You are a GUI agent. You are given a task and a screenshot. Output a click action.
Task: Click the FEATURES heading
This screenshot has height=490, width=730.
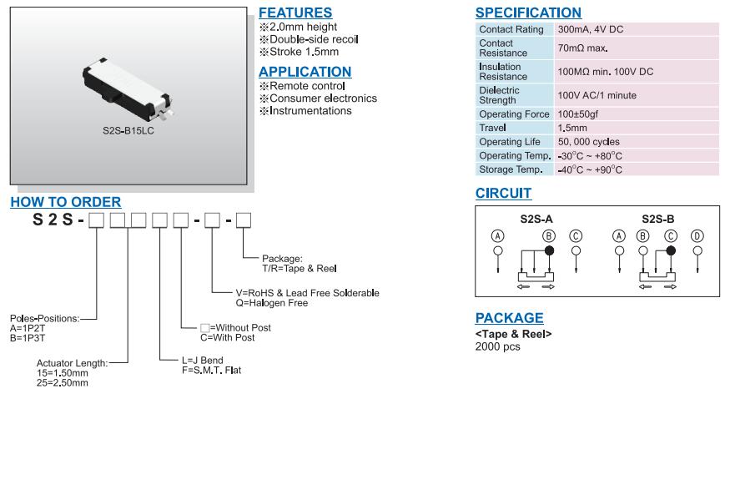click(x=295, y=13)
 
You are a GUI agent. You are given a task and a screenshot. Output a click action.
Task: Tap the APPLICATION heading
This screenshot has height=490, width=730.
click(x=305, y=72)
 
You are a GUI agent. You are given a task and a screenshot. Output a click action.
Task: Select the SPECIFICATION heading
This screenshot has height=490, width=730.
click(x=528, y=13)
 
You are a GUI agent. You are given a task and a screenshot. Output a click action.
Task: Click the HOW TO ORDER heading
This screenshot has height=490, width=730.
click(x=66, y=202)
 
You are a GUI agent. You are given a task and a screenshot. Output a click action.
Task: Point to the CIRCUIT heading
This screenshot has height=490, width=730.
click(x=503, y=194)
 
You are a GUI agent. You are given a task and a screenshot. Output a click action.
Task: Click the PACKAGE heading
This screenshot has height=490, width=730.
click(x=509, y=318)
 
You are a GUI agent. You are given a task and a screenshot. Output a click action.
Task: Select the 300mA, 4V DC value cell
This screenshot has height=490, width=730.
click(x=590, y=29)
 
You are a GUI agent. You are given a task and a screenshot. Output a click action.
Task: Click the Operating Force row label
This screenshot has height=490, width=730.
click(x=514, y=114)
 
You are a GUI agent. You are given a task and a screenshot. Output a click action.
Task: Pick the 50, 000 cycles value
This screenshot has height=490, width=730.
click(x=588, y=142)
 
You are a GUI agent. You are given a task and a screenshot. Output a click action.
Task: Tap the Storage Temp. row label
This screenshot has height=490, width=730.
click(x=511, y=169)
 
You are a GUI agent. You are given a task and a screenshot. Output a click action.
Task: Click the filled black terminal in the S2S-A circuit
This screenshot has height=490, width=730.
click(x=549, y=250)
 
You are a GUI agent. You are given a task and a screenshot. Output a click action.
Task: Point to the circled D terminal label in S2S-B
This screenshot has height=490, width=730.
click(x=697, y=236)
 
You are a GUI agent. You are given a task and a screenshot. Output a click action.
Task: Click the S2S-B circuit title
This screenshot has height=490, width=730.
click(x=657, y=219)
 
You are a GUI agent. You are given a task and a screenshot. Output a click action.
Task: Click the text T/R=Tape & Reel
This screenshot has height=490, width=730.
click(x=299, y=269)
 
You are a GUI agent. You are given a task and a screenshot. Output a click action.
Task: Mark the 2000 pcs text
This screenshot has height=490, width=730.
click(x=497, y=346)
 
